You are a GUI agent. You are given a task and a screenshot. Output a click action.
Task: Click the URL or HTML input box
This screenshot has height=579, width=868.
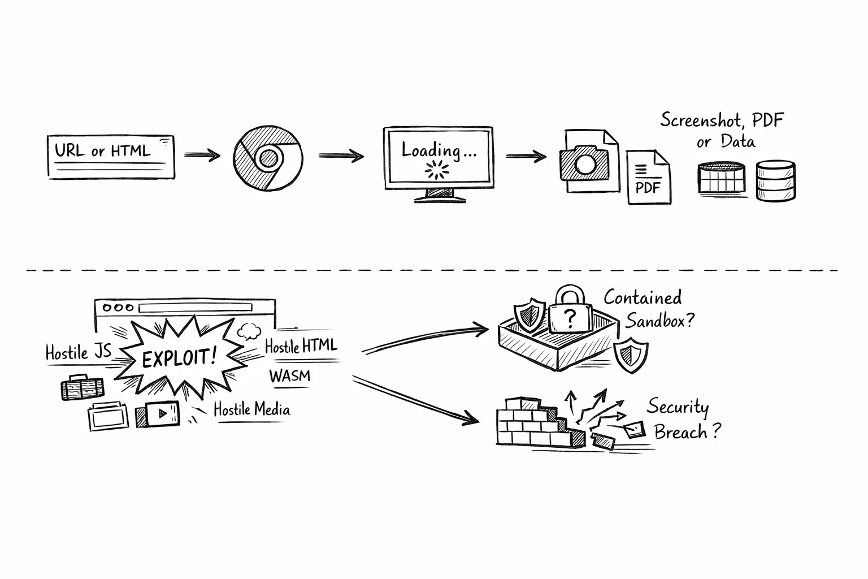[111, 157]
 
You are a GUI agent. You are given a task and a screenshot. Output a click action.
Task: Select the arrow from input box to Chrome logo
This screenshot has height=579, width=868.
[202, 154]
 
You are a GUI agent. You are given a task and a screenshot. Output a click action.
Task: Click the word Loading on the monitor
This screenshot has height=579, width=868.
[431, 150]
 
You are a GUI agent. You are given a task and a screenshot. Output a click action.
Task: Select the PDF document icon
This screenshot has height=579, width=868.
[648, 178]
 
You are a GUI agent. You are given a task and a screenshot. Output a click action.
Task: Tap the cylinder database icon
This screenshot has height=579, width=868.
[775, 179]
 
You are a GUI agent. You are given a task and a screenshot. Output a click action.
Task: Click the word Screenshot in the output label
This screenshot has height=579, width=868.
[697, 120]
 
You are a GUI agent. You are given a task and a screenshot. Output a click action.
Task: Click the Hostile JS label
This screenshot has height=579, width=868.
[78, 353]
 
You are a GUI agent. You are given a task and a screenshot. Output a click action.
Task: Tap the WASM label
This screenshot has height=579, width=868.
[289, 376]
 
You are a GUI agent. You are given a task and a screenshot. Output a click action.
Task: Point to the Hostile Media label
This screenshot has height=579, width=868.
[251, 409]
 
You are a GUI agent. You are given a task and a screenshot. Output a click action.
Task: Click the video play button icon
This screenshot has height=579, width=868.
[162, 413]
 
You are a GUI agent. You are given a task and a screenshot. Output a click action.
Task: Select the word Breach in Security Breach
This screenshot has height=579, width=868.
[680, 432]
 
